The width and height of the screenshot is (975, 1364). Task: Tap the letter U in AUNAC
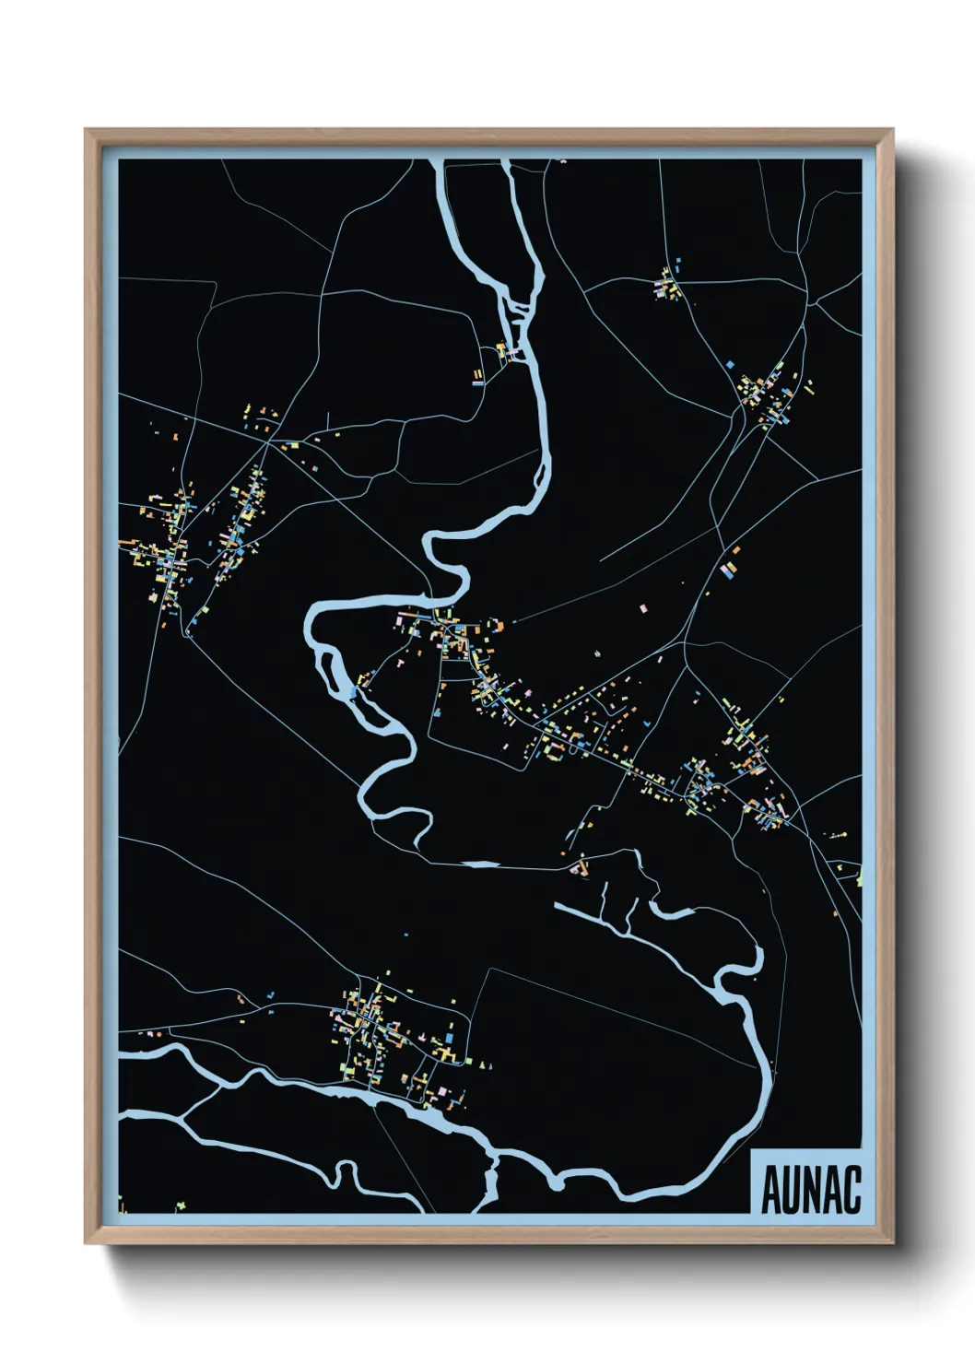click(x=792, y=1190)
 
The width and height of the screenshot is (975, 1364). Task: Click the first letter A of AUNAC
click(x=771, y=1190)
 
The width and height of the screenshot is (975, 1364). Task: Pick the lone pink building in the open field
click(x=643, y=608)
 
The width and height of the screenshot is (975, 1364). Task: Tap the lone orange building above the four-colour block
click(x=735, y=551)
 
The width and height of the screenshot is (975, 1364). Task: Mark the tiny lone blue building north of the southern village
click(x=405, y=935)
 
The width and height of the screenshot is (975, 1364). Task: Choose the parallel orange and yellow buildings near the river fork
click(x=477, y=376)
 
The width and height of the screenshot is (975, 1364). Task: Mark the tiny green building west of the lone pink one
click(x=596, y=653)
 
